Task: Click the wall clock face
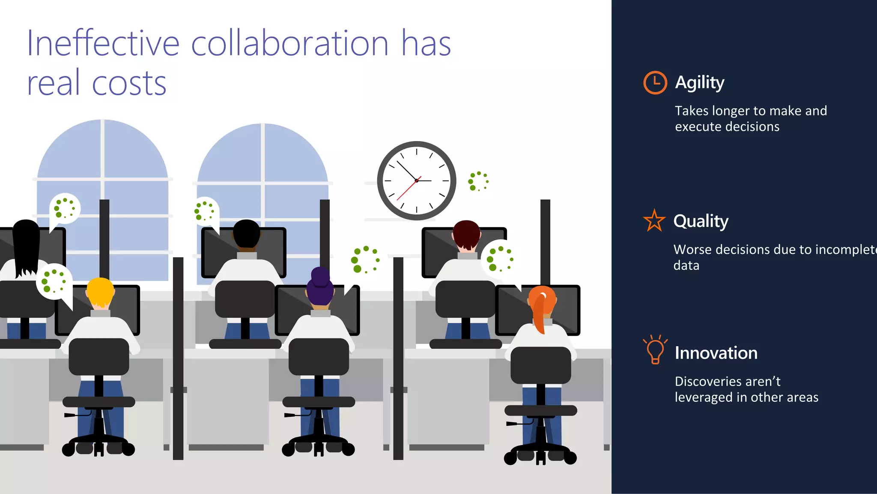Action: click(416, 181)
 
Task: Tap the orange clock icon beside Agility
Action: click(655, 82)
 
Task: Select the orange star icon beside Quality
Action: click(654, 220)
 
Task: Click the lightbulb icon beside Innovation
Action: click(655, 349)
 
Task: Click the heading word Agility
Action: click(700, 82)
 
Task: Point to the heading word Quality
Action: click(701, 221)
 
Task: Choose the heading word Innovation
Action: click(716, 353)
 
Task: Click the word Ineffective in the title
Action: click(103, 43)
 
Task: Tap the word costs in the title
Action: click(129, 83)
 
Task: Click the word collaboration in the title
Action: click(289, 43)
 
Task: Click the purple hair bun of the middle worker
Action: click(320, 276)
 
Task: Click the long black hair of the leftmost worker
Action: click(26, 249)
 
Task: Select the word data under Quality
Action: click(686, 265)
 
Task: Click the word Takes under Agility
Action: click(692, 111)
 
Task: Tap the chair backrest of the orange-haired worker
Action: click(540, 365)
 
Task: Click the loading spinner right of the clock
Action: click(478, 181)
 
